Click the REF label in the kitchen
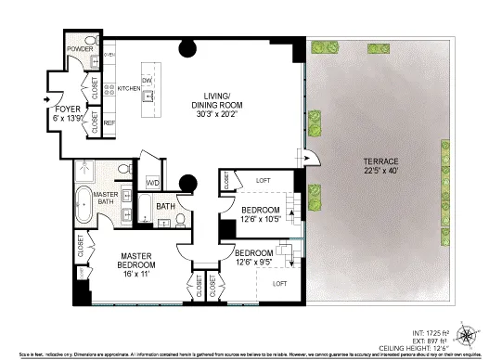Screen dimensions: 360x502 click(x=109, y=122)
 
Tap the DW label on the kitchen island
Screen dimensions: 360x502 click(x=148, y=79)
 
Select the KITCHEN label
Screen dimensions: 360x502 click(x=129, y=89)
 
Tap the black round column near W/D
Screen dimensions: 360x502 click(x=187, y=182)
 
